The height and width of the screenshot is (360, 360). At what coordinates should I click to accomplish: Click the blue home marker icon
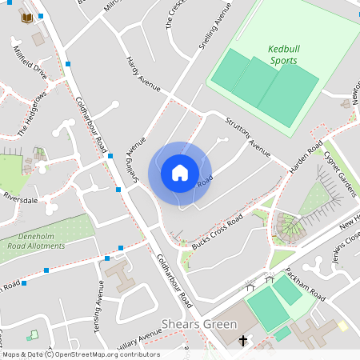pos(180,173)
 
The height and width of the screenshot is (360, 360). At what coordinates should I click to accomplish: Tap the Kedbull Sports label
pos(283,54)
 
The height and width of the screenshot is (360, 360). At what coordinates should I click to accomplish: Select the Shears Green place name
pos(199,324)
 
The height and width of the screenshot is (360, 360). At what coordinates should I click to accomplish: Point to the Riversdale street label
pos(22,197)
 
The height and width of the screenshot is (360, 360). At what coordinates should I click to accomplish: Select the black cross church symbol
pos(243,341)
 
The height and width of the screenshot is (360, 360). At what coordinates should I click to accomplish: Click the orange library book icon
pos(27,18)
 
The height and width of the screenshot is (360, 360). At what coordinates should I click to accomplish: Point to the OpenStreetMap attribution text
pos(81,354)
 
